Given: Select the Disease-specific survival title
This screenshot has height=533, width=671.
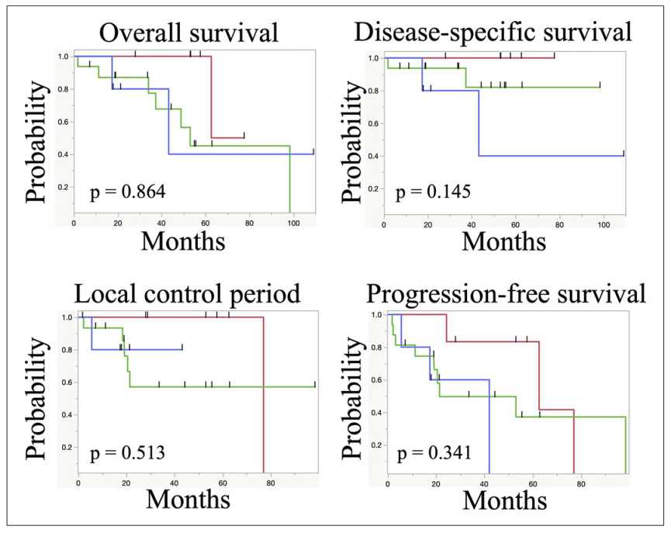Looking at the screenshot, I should [x=503, y=33].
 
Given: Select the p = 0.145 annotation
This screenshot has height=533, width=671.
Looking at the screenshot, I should [x=435, y=191].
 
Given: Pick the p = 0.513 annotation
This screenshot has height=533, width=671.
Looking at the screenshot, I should [x=126, y=453].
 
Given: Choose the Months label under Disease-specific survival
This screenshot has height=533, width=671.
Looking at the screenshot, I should [x=503, y=241].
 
